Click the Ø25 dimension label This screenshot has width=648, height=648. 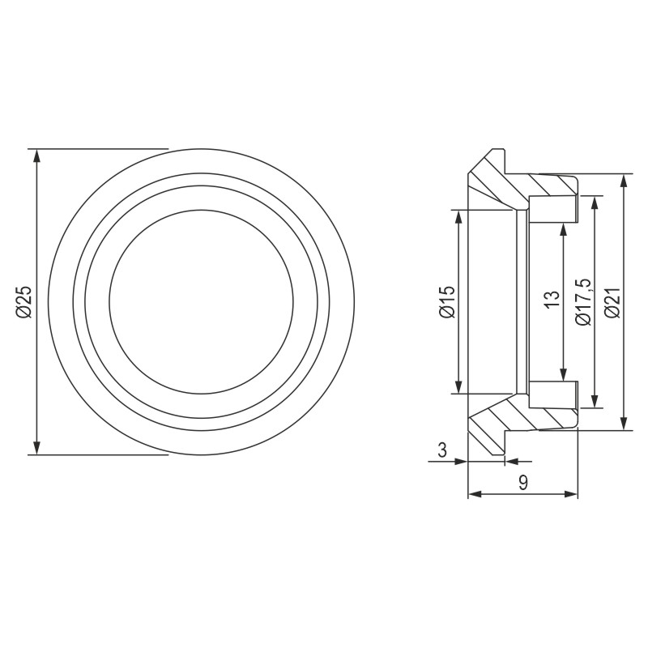point(23,301)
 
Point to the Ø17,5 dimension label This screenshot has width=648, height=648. point(583,301)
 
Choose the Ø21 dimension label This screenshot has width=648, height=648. point(612,301)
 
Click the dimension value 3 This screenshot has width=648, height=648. point(441,451)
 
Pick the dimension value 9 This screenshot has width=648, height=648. point(523,483)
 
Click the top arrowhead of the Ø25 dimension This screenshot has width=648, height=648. point(36,156)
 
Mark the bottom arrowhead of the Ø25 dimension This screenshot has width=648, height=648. point(36,448)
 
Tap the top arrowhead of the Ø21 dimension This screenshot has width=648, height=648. point(623,181)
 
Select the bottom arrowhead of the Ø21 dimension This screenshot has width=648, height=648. point(623,423)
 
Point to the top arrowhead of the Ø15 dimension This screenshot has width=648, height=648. point(458,215)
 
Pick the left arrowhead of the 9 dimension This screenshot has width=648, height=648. point(475,493)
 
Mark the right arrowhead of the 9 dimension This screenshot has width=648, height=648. point(572,493)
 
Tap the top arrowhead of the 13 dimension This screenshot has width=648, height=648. point(562,231)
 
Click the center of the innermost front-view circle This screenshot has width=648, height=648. point(201,301)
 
